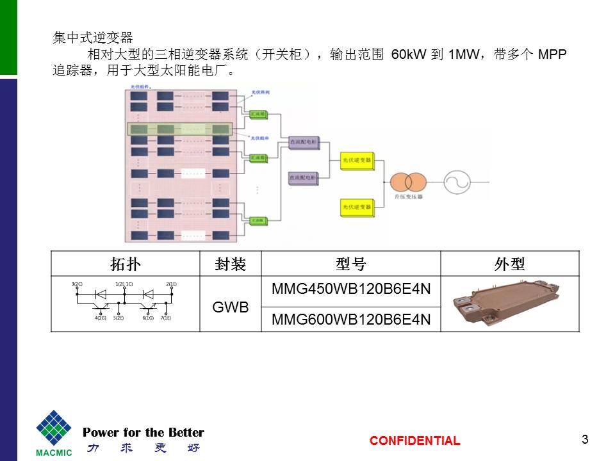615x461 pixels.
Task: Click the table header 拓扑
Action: [x=125, y=264]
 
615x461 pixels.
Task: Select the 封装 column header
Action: [x=230, y=264]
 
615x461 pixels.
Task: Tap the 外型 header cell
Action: [x=510, y=264]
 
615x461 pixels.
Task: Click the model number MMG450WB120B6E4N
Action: [x=351, y=289]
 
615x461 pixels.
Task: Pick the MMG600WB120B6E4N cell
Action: [x=351, y=319]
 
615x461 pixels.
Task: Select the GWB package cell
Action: [x=230, y=307]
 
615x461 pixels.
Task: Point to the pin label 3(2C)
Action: [x=77, y=283]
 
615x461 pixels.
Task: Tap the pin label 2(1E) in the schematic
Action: [x=171, y=283]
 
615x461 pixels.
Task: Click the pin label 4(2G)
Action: [x=101, y=318]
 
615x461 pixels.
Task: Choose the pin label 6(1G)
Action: [x=148, y=318]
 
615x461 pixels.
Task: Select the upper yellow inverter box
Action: [x=356, y=161]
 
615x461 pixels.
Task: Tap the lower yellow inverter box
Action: [x=356, y=207]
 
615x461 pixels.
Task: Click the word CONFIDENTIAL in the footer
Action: [x=414, y=441]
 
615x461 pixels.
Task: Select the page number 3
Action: [x=584, y=439]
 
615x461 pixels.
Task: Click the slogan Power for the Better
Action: [x=143, y=432]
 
